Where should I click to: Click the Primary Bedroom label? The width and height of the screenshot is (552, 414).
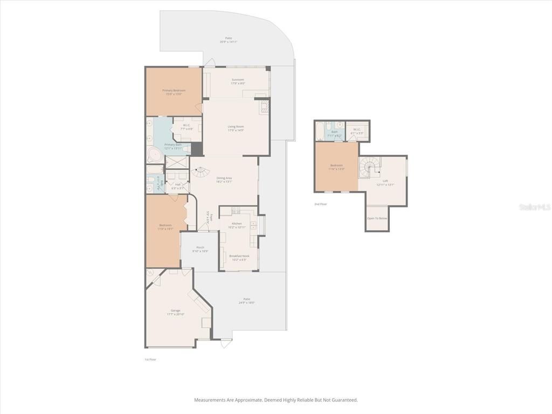tap(174, 90)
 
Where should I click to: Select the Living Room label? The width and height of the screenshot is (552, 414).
tap(236, 127)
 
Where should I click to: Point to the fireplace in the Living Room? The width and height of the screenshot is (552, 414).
tap(264, 106)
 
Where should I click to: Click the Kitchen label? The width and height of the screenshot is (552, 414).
tap(237, 223)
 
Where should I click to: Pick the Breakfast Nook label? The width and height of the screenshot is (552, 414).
tap(239, 256)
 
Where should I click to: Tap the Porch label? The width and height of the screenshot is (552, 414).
tap(200, 247)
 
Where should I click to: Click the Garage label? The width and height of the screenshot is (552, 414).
tap(175, 310)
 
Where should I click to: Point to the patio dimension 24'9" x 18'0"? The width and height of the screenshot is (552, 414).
tap(247, 303)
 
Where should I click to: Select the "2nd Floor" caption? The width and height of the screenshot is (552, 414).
tap(321, 204)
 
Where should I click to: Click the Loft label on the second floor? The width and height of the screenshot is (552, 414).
tap(385, 181)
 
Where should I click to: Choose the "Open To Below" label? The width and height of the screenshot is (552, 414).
tap(377, 218)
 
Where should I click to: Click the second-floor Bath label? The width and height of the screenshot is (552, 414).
tap(334, 132)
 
